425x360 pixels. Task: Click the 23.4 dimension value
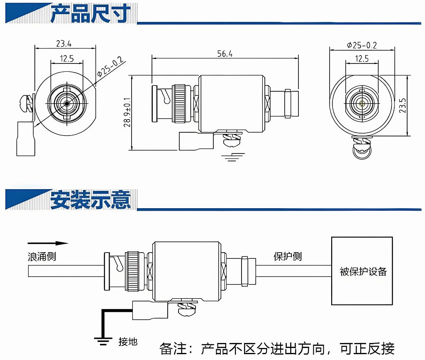coord(64,43)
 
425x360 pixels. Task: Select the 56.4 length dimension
coord(225,54)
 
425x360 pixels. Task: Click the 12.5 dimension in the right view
coord(361,59)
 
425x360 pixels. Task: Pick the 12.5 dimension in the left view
coord(66,58)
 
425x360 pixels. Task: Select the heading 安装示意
coord(90,199)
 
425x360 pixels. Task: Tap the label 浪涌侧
coord(42,257)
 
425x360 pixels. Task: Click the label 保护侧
coord(287,256)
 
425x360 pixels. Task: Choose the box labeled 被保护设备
coord(361,271)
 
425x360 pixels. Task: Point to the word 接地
coord(127,342)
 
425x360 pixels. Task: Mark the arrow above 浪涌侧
coord(48,243)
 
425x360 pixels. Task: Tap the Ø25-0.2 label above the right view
coord(361,45)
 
